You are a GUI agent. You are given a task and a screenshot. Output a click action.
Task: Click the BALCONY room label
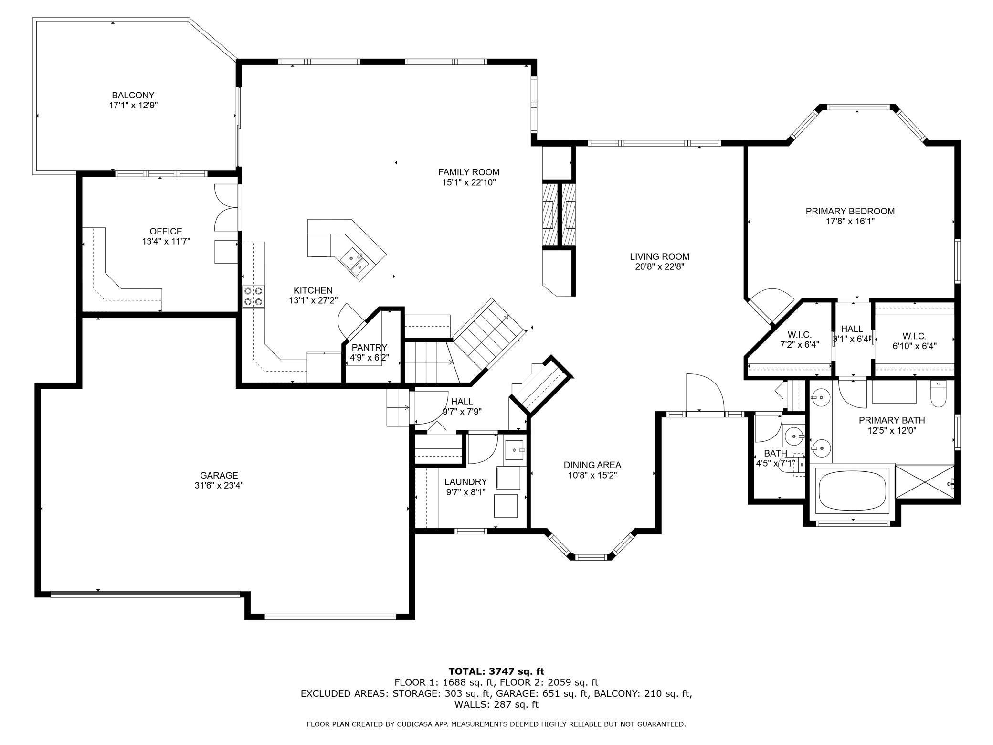pyautogui.click(x=133, y=95)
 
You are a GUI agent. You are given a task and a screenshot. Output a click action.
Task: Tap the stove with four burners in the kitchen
pyautogui.click(x=254, y=296)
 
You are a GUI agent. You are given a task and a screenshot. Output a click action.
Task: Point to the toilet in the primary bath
pyautogui.click(x=938, y=395)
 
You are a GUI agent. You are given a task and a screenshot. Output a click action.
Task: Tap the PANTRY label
pyautogui.click(x=369, y=347)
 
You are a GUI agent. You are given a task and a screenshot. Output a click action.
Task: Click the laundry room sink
pyautogui.click(x=515, y=449)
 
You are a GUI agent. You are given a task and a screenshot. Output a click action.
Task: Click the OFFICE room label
pyautogui.click(x=166, y=231)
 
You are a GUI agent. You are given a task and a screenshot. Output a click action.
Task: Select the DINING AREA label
pyautogui.click(x=592, y=465)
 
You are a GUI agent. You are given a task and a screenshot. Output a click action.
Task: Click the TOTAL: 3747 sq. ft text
pyautogui.click(x=496, y=671)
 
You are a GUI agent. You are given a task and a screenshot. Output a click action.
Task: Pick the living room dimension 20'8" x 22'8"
pyautogui.click(x=659, y=267)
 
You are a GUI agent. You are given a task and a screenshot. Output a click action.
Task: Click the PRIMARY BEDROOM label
pyautogui.click(x=850, y=211)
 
